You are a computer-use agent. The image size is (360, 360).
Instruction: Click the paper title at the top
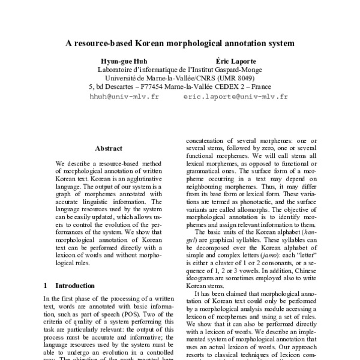click(x=180, y=44)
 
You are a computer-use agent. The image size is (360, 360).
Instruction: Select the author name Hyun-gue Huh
click(x=124, y=61)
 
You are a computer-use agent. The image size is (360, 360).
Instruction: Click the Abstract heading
click(x=109, y=148)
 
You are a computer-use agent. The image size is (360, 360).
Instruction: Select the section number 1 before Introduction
click(x=46, y=286)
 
